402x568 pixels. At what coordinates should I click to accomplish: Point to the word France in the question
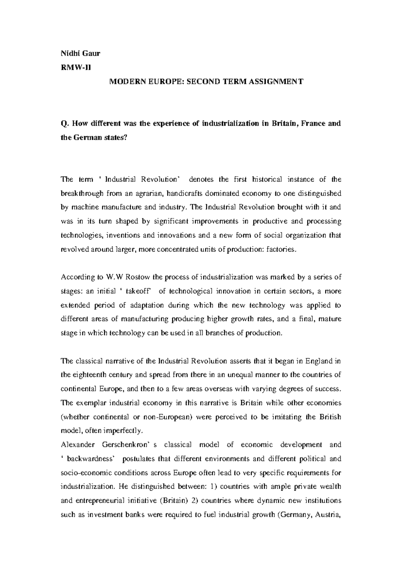coord(313,123)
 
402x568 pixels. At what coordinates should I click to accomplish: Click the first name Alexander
coord(78,445)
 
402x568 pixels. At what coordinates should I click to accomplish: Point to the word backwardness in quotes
coord(91,459)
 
